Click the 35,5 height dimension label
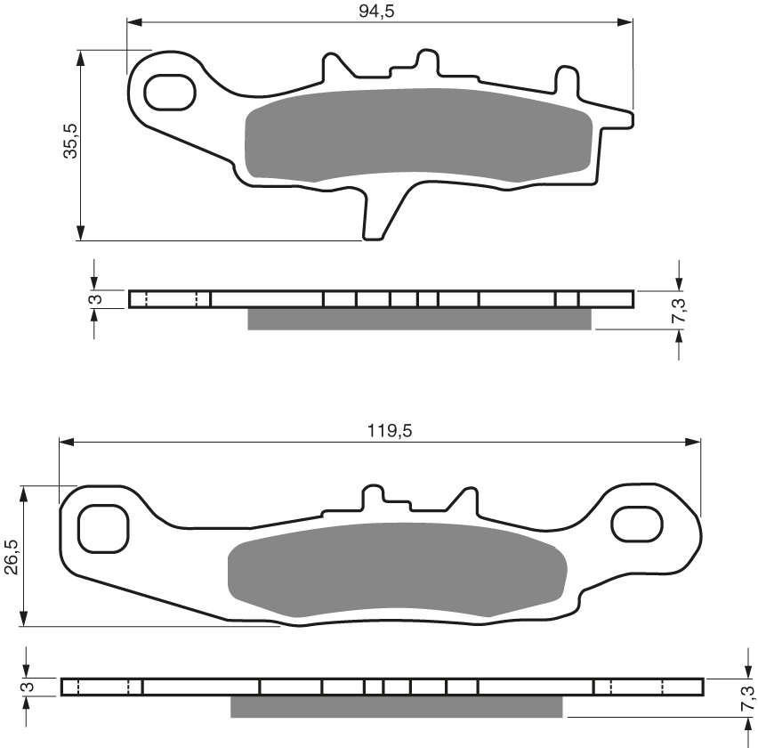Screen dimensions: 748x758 (x=70, y=141)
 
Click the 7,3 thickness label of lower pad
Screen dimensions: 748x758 (x=746, y=695)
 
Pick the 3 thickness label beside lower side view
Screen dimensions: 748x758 (x=28, y=687)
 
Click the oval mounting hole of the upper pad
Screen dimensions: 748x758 (x=169, y=92)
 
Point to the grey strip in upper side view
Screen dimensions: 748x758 (x=418, y=319)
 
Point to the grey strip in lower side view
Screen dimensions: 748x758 (x=396, y=706)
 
